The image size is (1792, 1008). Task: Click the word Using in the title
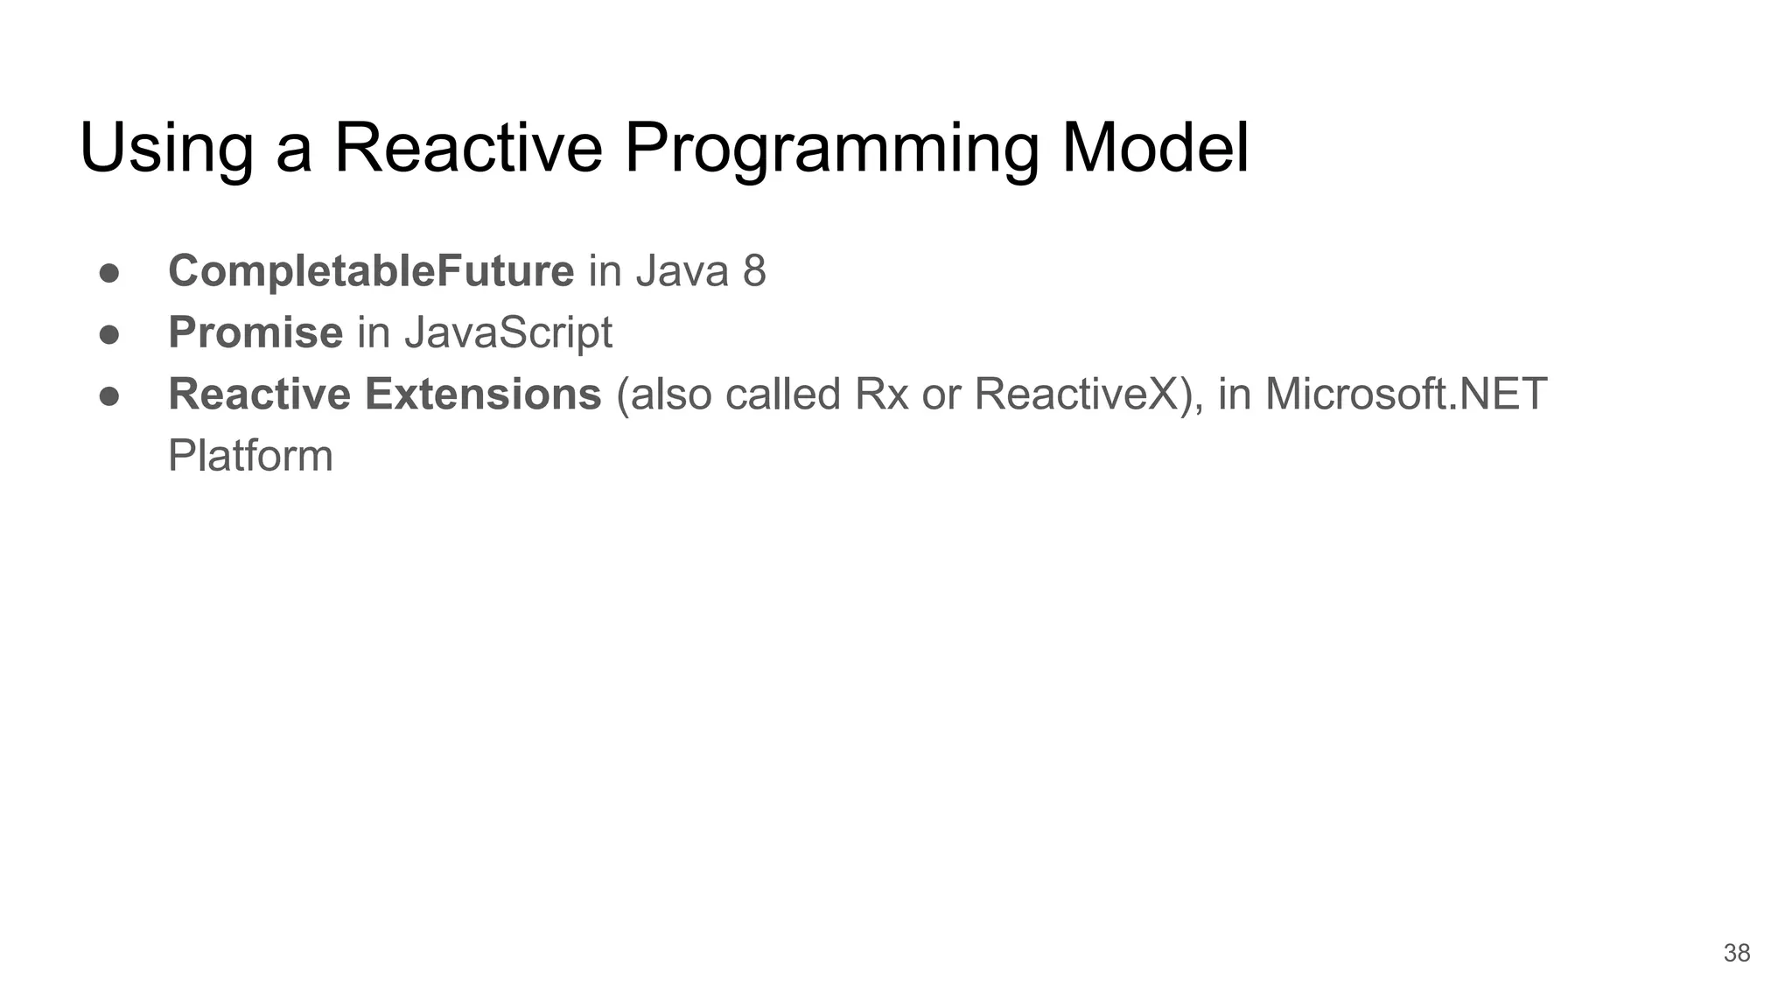[166, 149]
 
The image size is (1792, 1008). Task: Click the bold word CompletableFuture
[371, 271]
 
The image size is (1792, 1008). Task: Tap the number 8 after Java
[754, 271]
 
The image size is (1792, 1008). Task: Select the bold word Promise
[255, 332]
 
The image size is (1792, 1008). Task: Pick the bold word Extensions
[483, 394]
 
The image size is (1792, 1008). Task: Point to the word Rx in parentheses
[881, 394]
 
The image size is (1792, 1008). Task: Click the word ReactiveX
[1080, 394]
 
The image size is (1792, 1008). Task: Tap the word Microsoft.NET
[1406, 394]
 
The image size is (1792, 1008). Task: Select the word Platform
[250, 456]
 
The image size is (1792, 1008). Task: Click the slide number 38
[1736, 953]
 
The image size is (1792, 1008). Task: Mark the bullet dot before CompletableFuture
[109, 273]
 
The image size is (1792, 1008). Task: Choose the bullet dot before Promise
[109, 334]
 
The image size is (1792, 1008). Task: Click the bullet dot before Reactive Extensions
[109, 396]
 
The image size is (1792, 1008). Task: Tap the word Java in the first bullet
[682, 271]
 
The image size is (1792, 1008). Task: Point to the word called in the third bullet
[783, 394]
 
